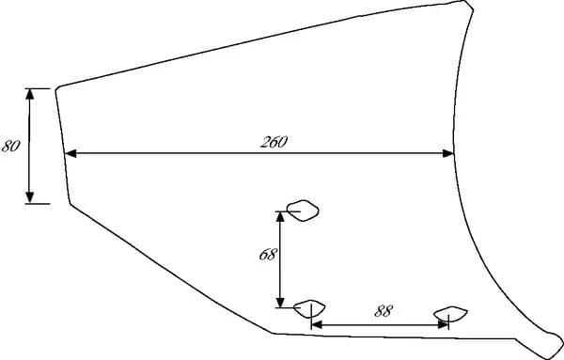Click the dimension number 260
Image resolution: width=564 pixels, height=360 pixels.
click(274, 142)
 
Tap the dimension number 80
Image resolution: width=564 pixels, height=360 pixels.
click(10, 146)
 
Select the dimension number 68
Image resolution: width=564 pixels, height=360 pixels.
click(268, 255)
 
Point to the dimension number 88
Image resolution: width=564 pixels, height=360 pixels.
click(384, 311)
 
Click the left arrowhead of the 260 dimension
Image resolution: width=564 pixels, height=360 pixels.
click(70, 153)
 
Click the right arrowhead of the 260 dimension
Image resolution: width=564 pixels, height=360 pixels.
click(448, 153)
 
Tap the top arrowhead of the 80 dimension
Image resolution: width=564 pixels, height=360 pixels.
click(30, 94)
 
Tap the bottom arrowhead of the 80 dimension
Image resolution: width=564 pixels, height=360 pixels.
click(30, 197)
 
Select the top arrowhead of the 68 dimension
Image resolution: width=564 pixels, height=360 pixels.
click(281, 217)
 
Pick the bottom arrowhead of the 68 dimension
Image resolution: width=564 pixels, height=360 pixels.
click(281, 303)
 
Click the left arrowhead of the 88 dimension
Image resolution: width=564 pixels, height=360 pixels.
click(317, 325)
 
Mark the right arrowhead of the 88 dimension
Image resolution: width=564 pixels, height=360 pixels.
click(443, 325)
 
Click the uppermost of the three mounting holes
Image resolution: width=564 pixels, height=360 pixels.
click(303, 211)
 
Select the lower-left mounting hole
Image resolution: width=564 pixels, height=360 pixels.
click(309, 308)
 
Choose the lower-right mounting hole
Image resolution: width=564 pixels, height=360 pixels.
click(450, 314)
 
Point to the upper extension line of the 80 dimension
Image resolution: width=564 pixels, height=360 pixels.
click(38, 88)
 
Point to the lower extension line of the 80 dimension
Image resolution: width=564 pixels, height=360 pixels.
click(38, 204)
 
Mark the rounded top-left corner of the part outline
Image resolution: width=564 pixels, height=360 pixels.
click(57, 88)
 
